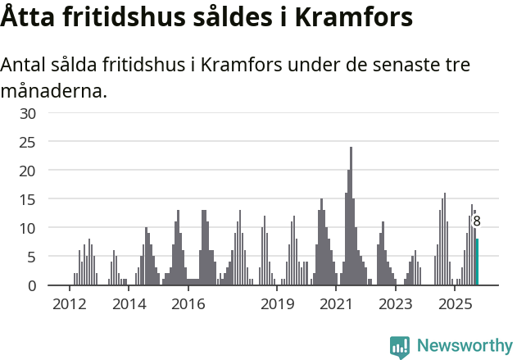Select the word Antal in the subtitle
click(25, 66)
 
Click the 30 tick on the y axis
click(28, 113)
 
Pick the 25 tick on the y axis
click(28, 142)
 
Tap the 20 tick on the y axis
click(28, 171)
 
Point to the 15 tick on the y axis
click(28, 199)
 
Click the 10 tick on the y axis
click(28, 228)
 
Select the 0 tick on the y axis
click(32, 285)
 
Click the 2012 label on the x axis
click(69, 305)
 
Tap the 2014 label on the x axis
click(129, 305)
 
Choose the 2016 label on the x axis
click(188, 305)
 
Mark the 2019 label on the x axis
click(278, 305)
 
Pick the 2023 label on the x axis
click(396, 305)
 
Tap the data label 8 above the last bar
click(477, 221)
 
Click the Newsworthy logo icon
click(400, 347)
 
